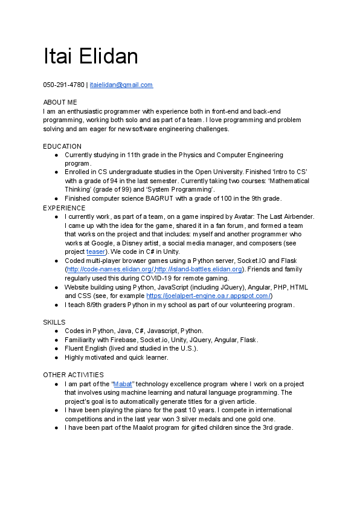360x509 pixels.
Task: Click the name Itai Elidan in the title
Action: (91, 56)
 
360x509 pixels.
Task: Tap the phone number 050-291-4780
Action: (63, 85)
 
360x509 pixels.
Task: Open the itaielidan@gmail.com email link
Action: (121, 85)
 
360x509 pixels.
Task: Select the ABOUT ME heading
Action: (60, 103)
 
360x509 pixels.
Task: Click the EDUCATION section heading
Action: (62, 146)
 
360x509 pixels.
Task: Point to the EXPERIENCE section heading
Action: (64, 208)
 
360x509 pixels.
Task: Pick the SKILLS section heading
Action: (54, 322)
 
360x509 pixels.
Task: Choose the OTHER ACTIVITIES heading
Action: (73, 375)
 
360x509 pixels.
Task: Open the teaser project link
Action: (95, 251)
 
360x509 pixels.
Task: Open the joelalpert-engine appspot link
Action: (209, 296)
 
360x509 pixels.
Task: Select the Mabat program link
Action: (123, 384)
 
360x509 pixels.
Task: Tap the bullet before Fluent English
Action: (56, 349)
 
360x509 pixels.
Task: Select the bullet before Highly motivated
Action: (56, 357)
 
